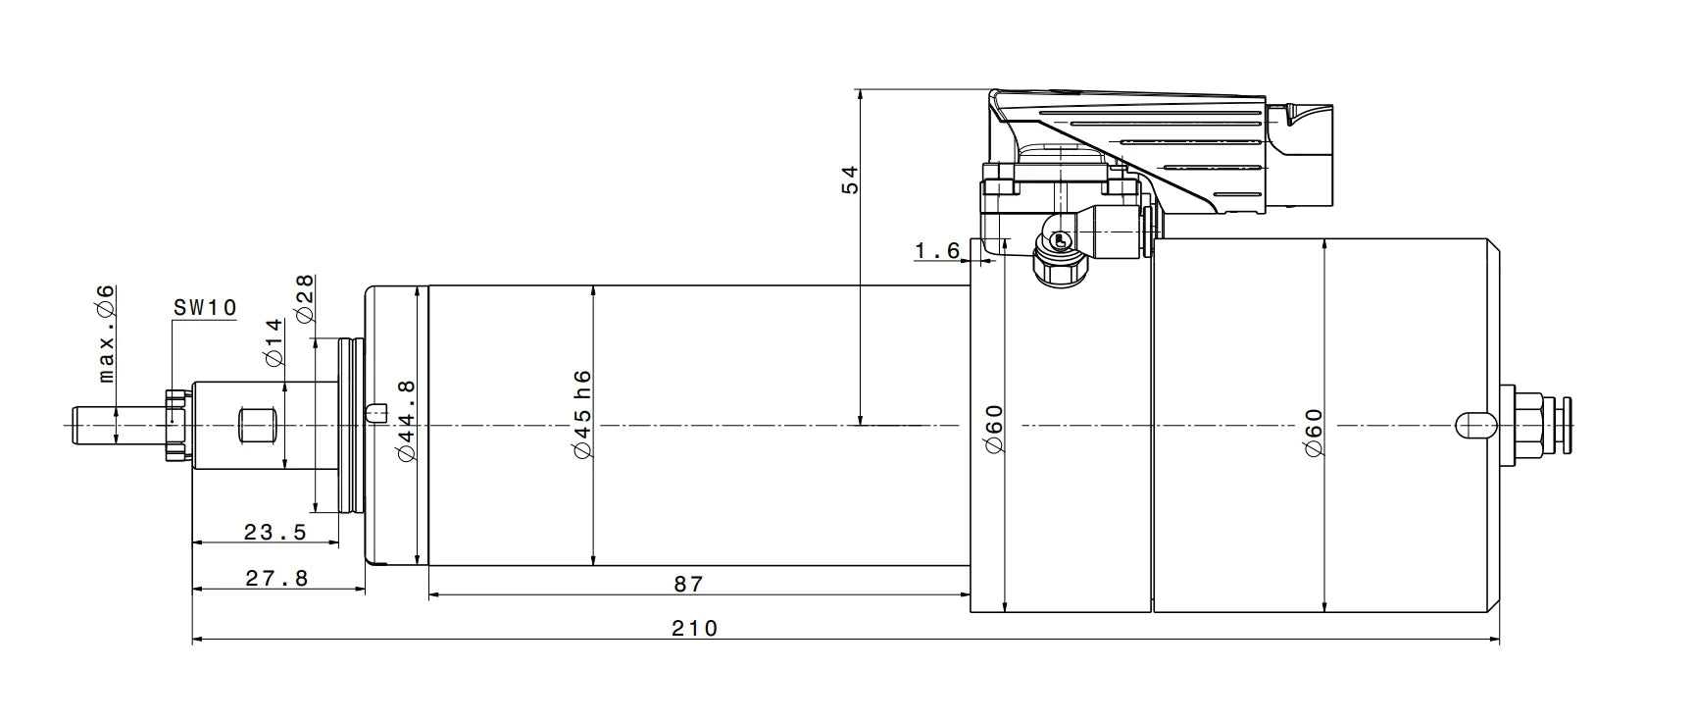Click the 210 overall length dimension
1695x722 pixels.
(x=694, y=628)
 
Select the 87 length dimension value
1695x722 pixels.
(x=689, y=584)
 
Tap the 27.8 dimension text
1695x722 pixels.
(x=276, y=579)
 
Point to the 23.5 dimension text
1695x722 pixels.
(x=275, y=533)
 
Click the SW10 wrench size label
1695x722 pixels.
(x=205, y=307)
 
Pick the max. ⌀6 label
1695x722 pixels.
(x=106, y=334)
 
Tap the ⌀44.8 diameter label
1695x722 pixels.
(x=407, y=420)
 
